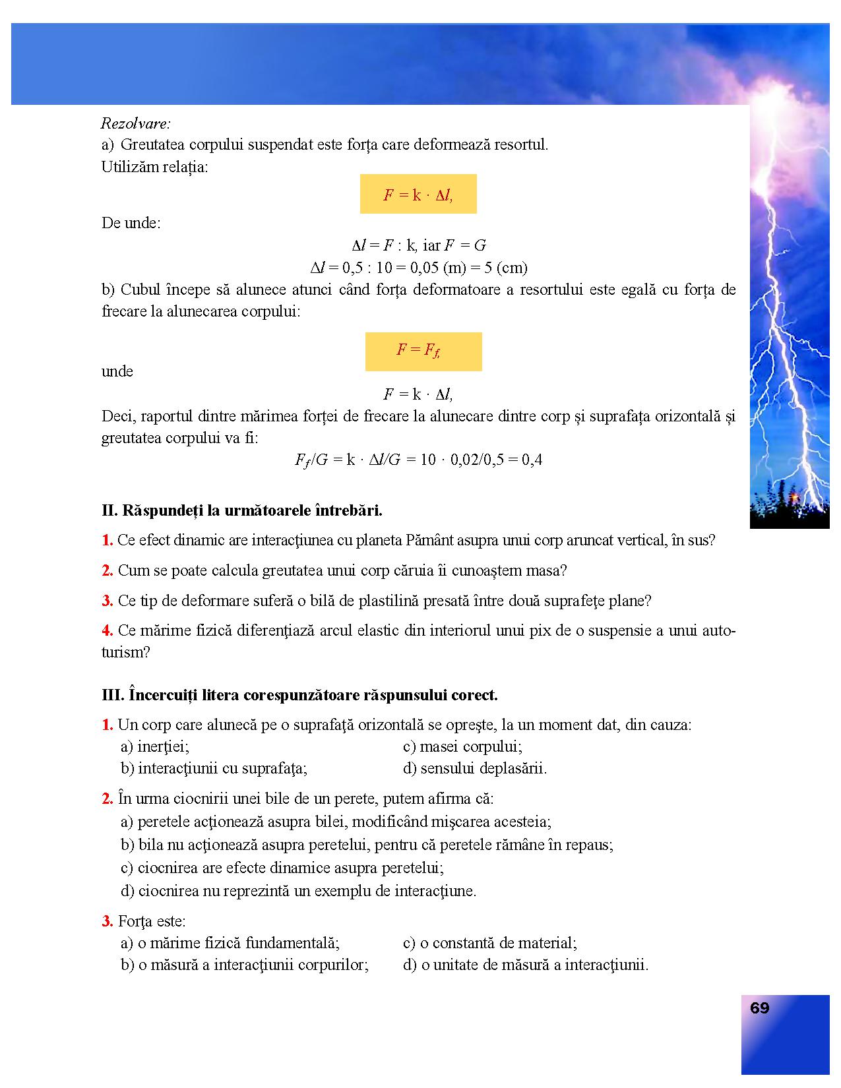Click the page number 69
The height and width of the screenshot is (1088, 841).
[759, 1008]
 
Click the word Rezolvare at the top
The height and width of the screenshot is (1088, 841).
[136, 123]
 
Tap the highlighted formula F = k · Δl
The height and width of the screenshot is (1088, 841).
[418, 195]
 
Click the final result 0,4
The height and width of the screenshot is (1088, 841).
[532, 460]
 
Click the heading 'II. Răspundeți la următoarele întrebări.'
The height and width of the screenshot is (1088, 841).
[242, 510]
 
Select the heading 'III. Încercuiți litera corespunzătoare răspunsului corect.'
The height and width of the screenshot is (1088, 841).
[299, 695]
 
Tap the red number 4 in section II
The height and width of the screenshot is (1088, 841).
[107, 630]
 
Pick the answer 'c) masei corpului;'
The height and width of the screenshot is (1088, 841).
[462, 746]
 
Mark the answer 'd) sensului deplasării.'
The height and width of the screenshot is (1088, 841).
[475, 768]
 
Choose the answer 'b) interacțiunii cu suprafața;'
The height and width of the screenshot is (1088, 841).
[214, 768]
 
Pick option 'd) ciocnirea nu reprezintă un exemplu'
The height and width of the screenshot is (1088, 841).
[298, 891]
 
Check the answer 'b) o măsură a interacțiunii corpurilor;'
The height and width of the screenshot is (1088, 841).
[245, 965]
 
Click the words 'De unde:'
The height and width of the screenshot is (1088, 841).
[131, 223]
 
